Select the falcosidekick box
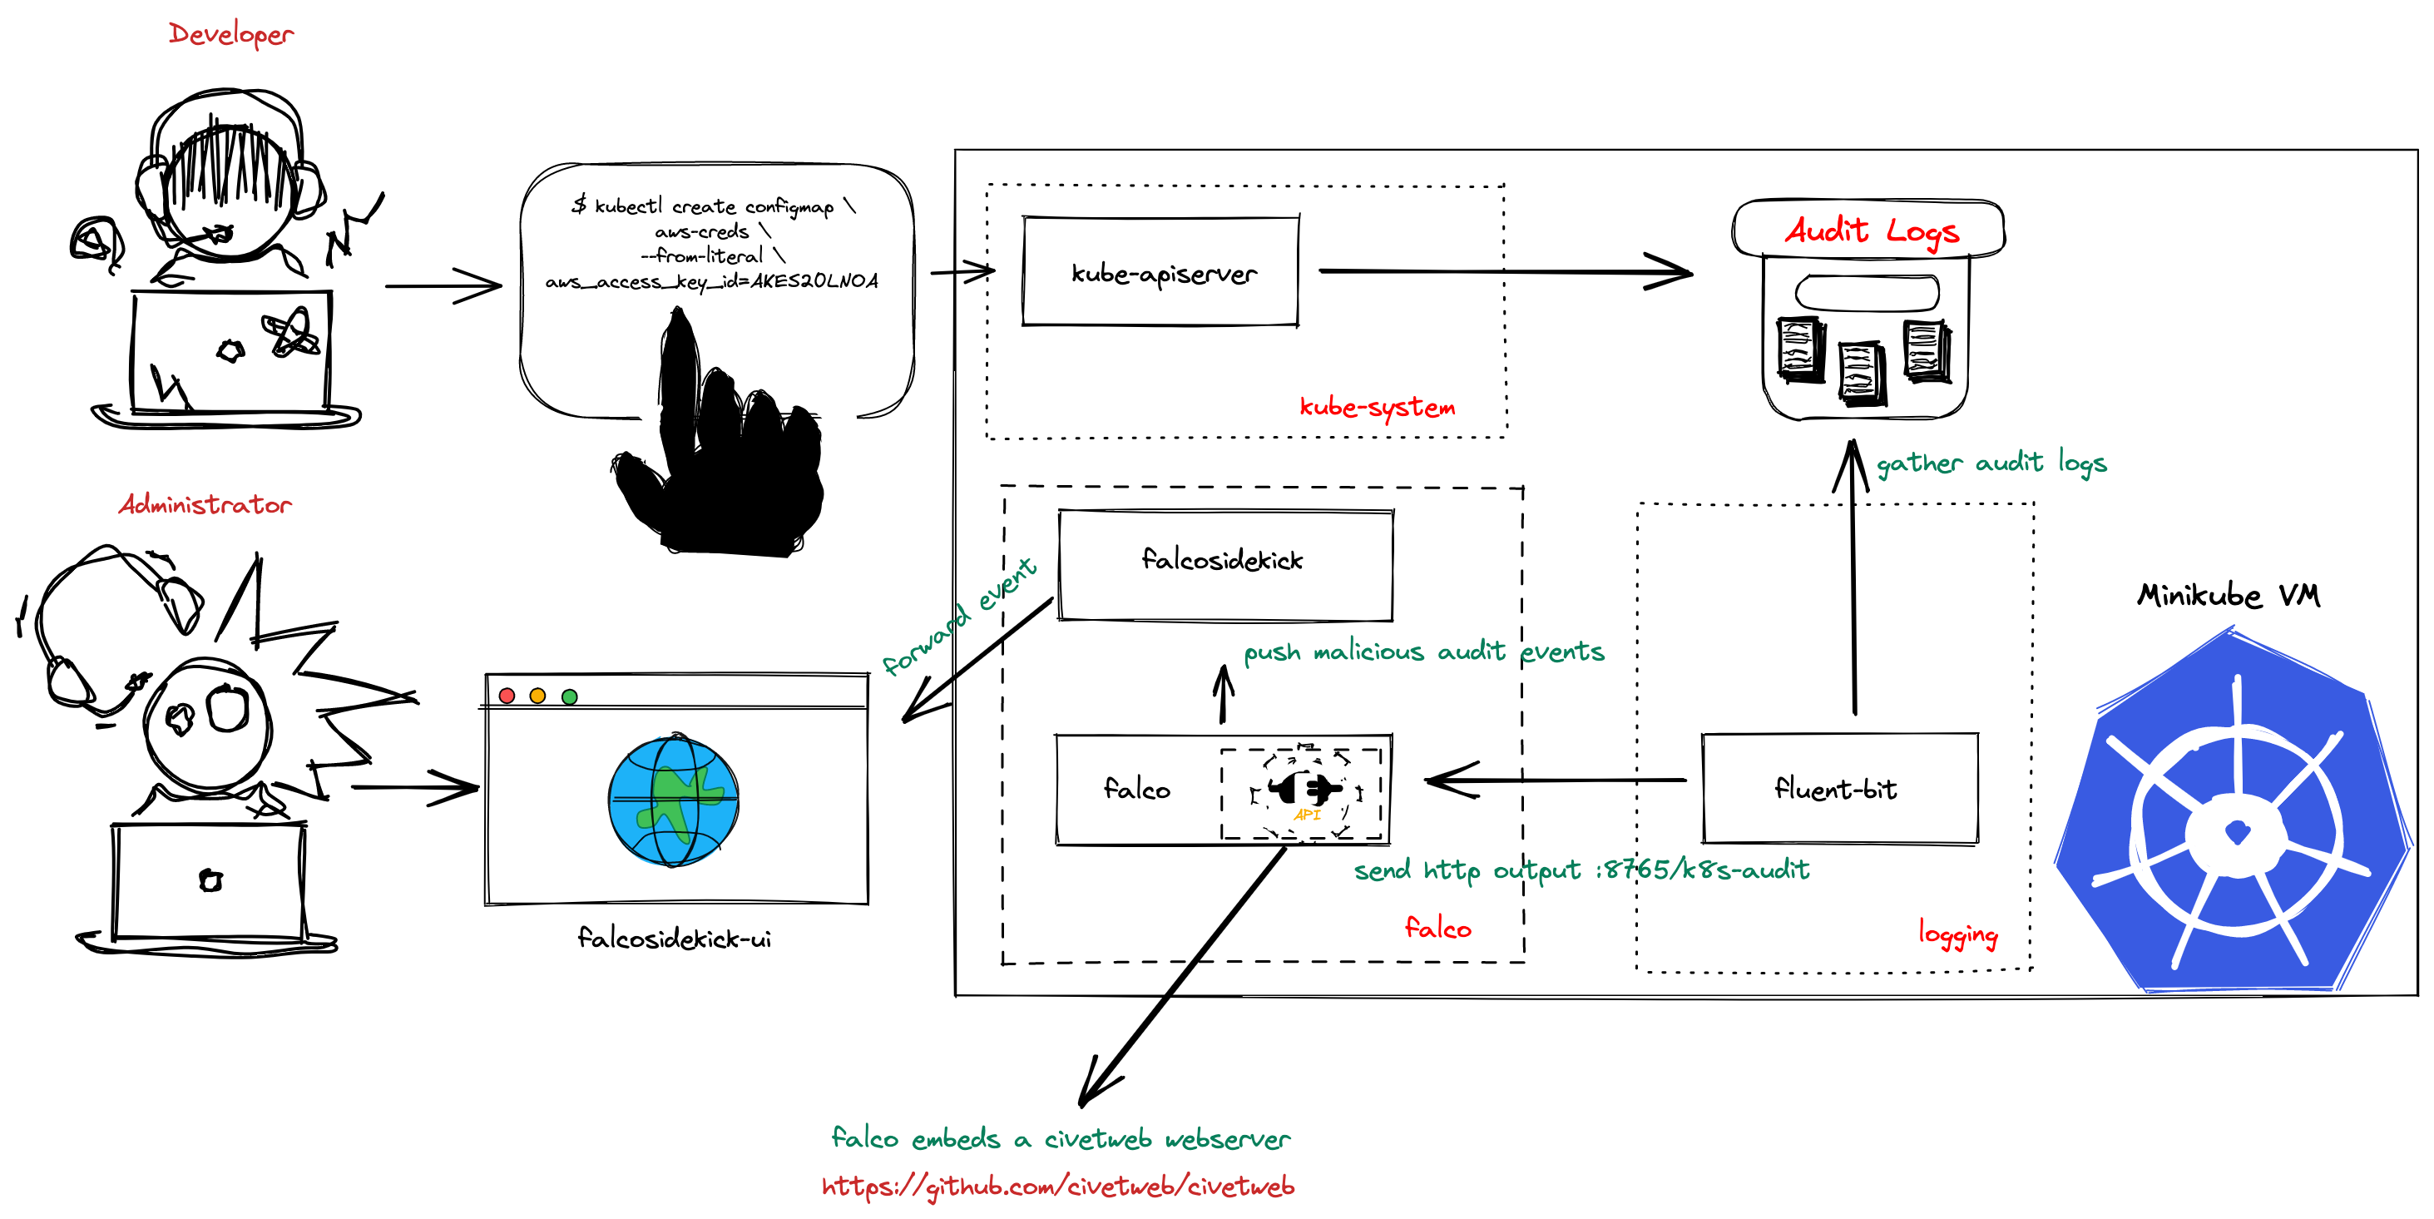click(1224, 564)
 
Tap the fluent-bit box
click(1838, 788)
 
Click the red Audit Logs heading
click(1871, 230)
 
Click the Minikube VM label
click(2227, 595)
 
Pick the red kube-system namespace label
click(1377, 407)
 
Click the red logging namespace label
click(1958, 933)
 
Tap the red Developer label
click(230, 34)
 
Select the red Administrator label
click(205, 504)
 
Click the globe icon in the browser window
click(673, 800)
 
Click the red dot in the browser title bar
click(507, 696)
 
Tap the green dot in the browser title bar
click(569, 696)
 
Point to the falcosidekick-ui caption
click(674, 939)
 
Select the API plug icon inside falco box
click(1305, 790)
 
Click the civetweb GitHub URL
click(1057, 1186)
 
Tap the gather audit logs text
click(1991, 462)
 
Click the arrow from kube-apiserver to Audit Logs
click(1502, 272)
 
